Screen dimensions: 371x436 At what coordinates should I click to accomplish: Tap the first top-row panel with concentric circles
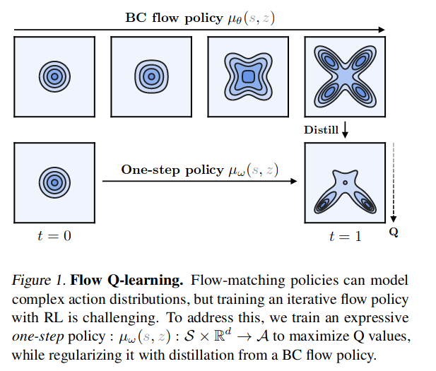pyautogui.click(x=54, y=75)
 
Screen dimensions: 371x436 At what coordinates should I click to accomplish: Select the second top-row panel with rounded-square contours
pyautogui.click(x=151, y=75)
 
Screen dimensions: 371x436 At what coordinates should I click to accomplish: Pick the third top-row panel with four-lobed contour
pyautogui.click(x=247, y=75)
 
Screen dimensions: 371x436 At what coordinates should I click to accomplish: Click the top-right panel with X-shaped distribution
pyautogui.click(x=344, y=75)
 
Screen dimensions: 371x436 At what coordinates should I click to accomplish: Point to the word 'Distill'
pyautogui.click(x=321, y=130)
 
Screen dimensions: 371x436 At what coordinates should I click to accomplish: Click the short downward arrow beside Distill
pyautogui.click(x=346, y=130)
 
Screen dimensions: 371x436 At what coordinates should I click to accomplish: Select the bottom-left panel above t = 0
pyautogui.click(x=54, y=182)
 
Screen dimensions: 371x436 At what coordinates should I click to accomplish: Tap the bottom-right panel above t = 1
pyautogui.click(x=344, y=182)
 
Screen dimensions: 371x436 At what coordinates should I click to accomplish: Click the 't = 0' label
pyautogui.click(x=54, y=235)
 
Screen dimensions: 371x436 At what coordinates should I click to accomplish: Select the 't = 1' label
pyautogui.click(x=344, y=236)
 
